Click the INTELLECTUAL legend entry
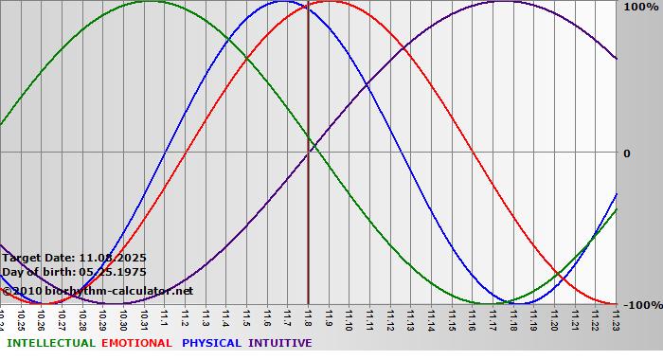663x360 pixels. pos(49,343)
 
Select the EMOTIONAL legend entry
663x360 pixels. pos(136,343)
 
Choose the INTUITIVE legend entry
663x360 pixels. pos(280,343)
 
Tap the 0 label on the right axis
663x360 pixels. pos(627,153)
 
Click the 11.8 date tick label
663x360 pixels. pos(308,318)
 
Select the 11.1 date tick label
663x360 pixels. pos(165,318)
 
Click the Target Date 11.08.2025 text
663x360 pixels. pos(74,257)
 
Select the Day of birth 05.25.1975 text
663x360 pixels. pos(74,272)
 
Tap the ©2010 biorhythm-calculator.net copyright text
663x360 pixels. pos(97,290)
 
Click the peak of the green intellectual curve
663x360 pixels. pos(150,1)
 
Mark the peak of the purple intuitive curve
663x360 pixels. pos(503,1)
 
